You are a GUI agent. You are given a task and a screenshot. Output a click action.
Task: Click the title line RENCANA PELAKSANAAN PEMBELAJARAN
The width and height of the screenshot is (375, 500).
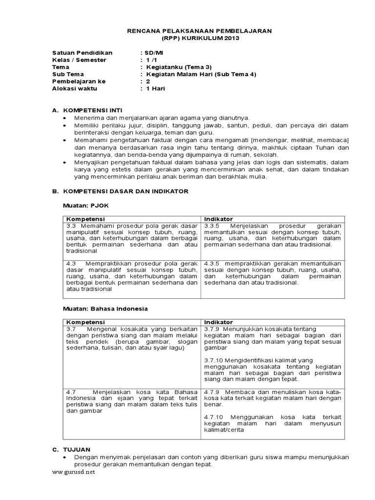199,31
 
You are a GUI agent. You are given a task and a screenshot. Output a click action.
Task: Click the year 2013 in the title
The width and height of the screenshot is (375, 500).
232,38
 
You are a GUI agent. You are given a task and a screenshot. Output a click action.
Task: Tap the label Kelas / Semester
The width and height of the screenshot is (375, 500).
79,60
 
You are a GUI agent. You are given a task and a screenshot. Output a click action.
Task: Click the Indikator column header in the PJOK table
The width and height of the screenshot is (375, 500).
218,219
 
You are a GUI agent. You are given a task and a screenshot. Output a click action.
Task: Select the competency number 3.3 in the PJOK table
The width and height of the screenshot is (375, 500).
70,226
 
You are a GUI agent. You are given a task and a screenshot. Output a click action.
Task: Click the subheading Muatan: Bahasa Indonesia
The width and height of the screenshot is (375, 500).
105,309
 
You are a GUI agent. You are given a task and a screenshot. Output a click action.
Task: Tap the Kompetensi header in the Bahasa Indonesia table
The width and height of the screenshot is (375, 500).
85,322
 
